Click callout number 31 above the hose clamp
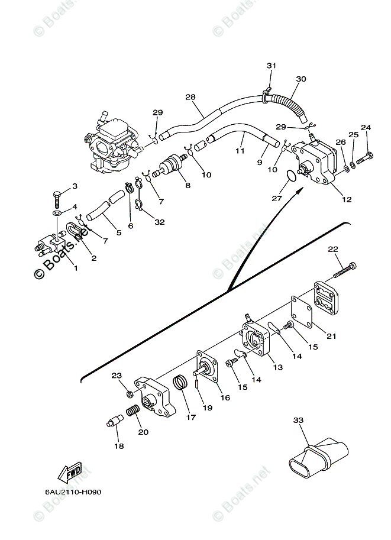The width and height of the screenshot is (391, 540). pyautogui.click(x=271, y=66)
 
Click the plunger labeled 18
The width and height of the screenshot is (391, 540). pyautogui.click(x=114, y=423)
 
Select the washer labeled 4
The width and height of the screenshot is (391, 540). pyautogui.click(x=57, y=212)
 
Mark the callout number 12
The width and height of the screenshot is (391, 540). pyautogui.click(x=347, y=199)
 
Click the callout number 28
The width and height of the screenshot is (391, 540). pyautogui.click(x=190, y=97)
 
